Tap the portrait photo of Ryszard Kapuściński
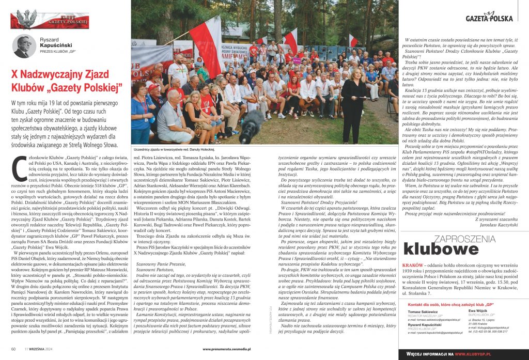tap(22, 46)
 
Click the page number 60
tap(13, 350)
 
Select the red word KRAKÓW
tap(412, 264)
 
